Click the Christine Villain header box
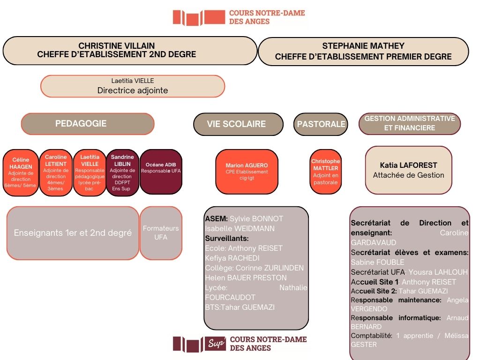point(130,51)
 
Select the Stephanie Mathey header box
point(363,51)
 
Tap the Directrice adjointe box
point(133,86)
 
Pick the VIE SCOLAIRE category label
point(238,124)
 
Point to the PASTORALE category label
point(321,124)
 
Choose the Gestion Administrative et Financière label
point(410,123)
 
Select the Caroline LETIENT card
point(56,172)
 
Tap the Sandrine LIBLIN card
point(123,172)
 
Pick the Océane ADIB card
point(160,172)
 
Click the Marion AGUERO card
point(247,172)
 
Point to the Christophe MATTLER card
point(325,172)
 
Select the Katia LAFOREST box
point(408,170)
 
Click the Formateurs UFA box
point(161,233)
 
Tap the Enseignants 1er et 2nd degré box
point(73,233)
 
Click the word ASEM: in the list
point(217,219)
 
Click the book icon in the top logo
point(190,18)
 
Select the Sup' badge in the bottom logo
point(217,344)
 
